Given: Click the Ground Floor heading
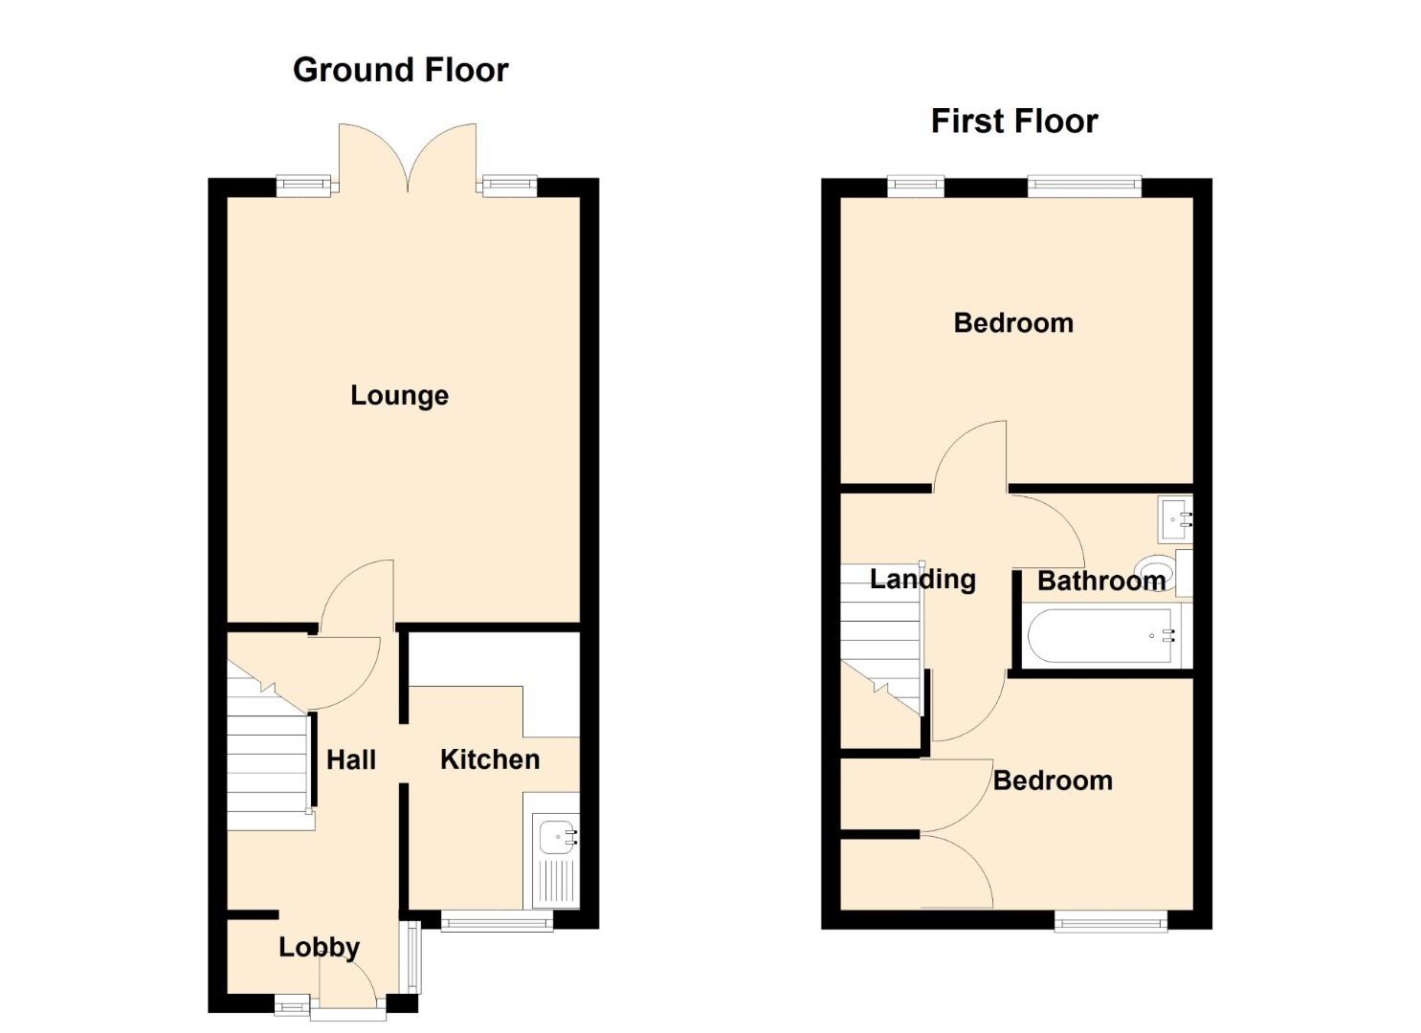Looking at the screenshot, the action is pyautogui.click(x=400, y=70).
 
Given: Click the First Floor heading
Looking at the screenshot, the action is pyautogui.click(x=1014, y=121).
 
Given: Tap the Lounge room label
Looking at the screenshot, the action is pyautogui.click(x=400, y=396).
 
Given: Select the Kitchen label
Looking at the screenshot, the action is pyautogui.click(x=490, y=759).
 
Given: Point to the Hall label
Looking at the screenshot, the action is pyautogui.click(x=351, y=759).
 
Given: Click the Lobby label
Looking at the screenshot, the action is pyautogui.click(x=319, y=947).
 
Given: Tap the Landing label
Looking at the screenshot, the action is pyautogui.click(x=922, y=580).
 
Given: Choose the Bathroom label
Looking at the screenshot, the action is pyautogui.click(x=1101, y=581).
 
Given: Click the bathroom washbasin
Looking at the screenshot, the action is pyautogui.click(x=1175, y=520).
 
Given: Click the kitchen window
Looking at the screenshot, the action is pyautogui.click(x=497, y=921).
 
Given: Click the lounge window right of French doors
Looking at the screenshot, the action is pyautogui.click(x=510, y=186).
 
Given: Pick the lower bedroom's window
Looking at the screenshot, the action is pyautogui.click(x=1111, y=921).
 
